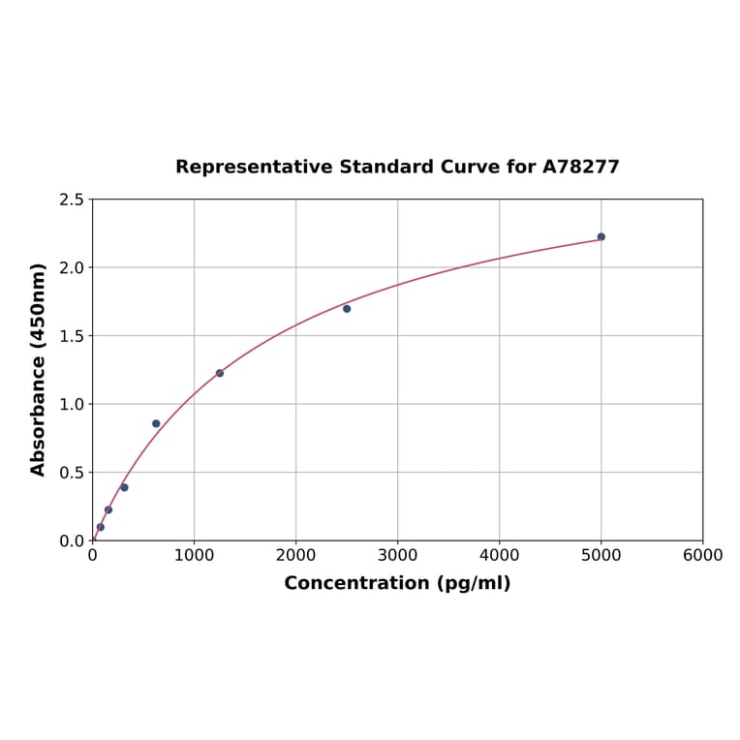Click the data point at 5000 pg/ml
tap(601, 236)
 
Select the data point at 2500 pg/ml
tap(347, 309)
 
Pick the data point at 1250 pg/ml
tap(220, 373)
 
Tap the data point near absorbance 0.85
tap(156, 423)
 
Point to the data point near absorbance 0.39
tap(124, 487)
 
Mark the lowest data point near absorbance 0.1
tap(101, 527)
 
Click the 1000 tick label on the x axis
tap(194, 555)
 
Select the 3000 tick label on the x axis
tap(397, 555)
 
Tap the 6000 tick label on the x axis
tap(702, 555)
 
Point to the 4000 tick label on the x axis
tap(499, 555)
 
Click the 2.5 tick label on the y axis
tap(72, 200)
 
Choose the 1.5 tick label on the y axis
tap(72, 336)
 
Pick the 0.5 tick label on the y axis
tap(72, 473)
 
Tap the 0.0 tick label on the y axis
tap(72, 540)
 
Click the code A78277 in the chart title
tap(580, 167)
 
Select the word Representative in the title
tap(255, 167)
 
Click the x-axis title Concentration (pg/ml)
tap(397, 583)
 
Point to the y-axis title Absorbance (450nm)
tap(39, 369)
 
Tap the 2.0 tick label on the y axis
tap(72, 267)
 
